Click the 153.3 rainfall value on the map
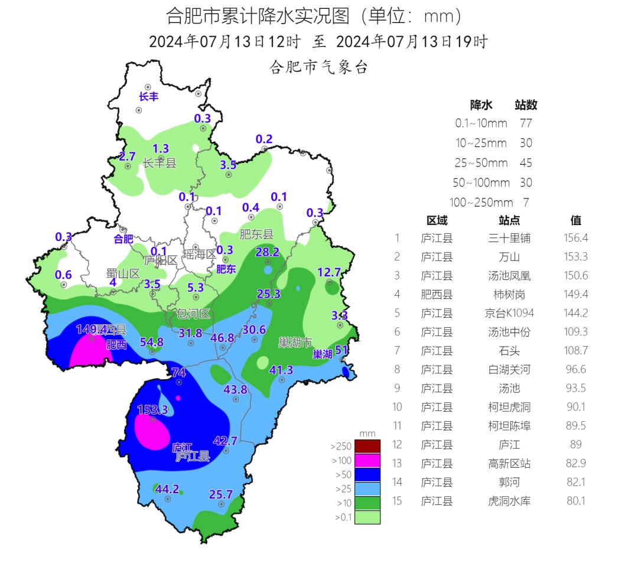click(152, 409)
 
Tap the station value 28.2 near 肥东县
click(267, 252)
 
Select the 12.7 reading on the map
click(329, 272)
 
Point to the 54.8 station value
click(151, 341)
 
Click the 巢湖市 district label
click(295, 342)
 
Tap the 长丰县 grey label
click(159, 164)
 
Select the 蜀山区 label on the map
click(123, 273)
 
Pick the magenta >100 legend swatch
click(367, 460)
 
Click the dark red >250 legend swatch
click(367, 446)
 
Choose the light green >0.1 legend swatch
click(367, 517)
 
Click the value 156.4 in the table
click(577, 238)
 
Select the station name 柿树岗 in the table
click(509, 294)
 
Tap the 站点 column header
click(509, 220)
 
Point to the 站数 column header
click(526, 105)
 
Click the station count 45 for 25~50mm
click(526, 163)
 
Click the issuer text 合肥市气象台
click(318, 67)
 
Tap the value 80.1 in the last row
click(577, 501)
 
